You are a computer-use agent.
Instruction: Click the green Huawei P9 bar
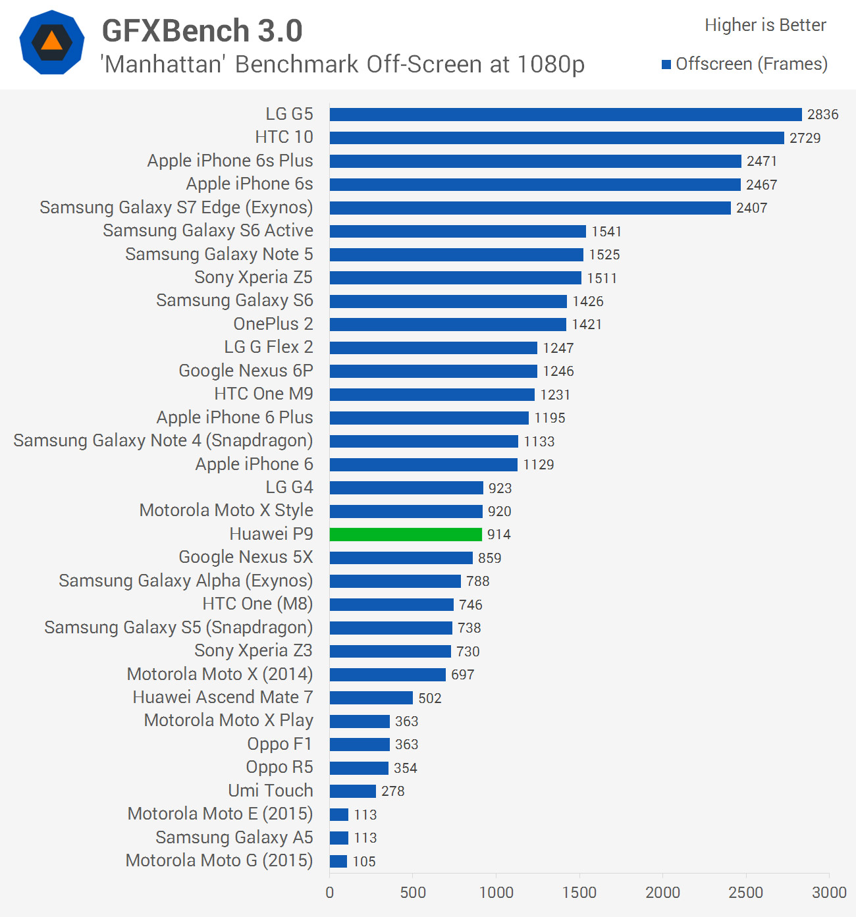click(x=406, y=535)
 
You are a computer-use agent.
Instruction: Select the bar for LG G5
click(x=566, y=115)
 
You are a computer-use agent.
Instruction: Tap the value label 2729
click(x=805, y=138)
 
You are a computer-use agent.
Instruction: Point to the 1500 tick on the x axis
click(x=579, y=893)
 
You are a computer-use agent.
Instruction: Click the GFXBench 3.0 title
click(x=202, y=31)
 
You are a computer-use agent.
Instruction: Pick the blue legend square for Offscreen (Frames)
click(x=666, y=65)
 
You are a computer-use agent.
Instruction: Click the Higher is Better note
click(x=765, y=25)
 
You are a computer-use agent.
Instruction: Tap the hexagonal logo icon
click(x=52, y=42)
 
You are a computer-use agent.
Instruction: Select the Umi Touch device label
click(x=271, y=791)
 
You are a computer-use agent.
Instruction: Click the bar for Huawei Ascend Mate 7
click(x=371, y=698)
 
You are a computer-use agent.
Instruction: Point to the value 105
click(x=364, y=861)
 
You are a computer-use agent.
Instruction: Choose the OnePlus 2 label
click(x=273, y=324)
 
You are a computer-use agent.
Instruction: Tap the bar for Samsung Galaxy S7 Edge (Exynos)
click(x=530, y=208)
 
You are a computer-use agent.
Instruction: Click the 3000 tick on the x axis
click(x=829, y=893)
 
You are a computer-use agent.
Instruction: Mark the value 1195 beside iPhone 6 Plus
click(x=550, y=418)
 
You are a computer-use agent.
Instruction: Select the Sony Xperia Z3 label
click(x=254, y=651)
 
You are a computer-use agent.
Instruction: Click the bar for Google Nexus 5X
click(x=401, y=558)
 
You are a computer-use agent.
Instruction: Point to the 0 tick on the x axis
click(x=330, y=893)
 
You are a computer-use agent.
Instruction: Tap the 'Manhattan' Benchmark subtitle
click(x=342, y=65)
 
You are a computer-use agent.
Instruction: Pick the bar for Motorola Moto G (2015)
click(x=338, y=861)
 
